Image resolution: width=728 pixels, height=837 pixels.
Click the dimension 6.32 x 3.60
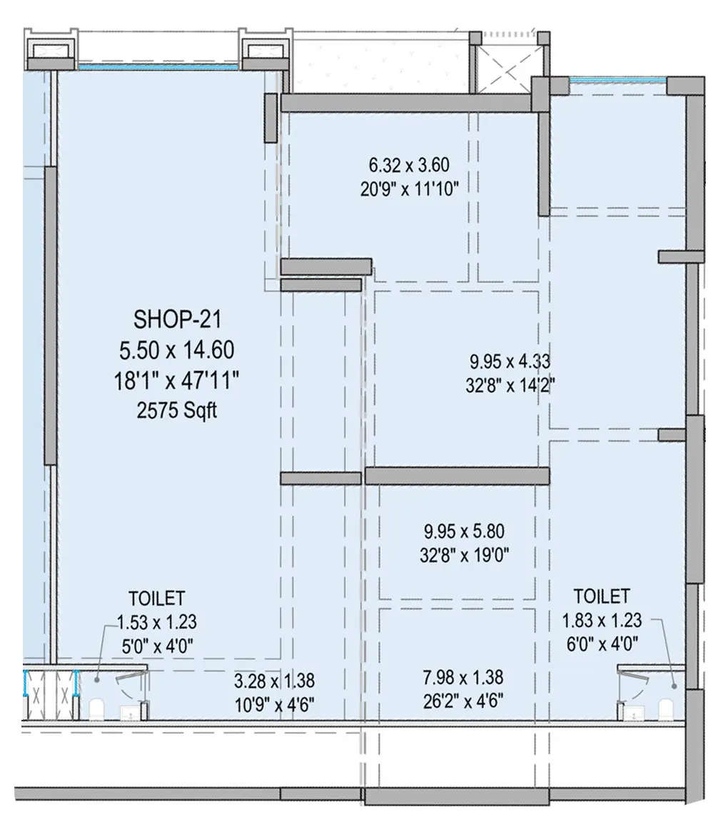pyautogui.click(x=408, y=166)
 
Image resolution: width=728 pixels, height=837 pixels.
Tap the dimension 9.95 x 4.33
pyautogui.click(x=509, y=362)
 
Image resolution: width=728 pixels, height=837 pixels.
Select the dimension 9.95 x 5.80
pyautogui.click(x=467, y=532)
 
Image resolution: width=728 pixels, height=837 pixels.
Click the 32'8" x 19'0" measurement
pyautogui.click(x=467, y=554)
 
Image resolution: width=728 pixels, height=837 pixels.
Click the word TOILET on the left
pyautogui.click(x=156, y=597)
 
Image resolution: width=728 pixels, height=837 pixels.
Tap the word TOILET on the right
pyautogui.click(x=602, y=595)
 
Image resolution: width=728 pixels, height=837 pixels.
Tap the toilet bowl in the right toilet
pyautogui.click(x=665, y=709)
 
